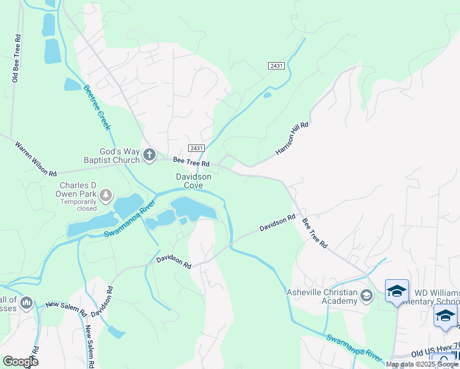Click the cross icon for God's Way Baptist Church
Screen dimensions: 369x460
coord(149,156)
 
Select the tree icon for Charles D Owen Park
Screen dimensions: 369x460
coord(106,196)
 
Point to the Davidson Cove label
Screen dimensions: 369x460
coord(194,181)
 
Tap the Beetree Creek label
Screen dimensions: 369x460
coord(97,107)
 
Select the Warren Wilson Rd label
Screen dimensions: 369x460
coord(36,158)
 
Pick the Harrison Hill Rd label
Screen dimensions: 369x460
coord(291,138)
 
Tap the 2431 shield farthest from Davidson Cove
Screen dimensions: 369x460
coord(276,65)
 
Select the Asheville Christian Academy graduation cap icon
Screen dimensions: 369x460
coord(367,296)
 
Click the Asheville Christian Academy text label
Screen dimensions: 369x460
coord(322,296)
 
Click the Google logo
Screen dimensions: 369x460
coord(20,361)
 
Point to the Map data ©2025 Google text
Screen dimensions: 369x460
coord(422,364)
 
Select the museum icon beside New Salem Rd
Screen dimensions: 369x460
coord(26,303)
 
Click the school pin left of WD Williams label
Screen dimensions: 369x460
coord(397,291)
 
